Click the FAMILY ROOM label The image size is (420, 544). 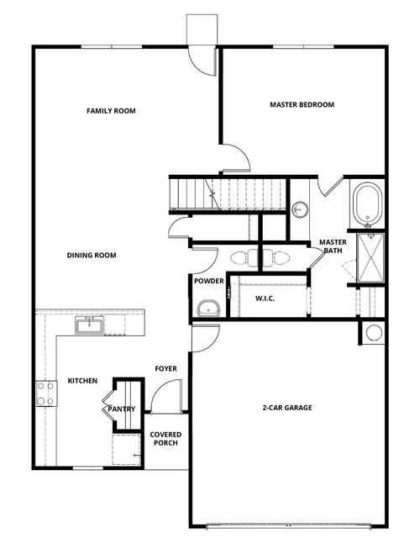click(111, 111)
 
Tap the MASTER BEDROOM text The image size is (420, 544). click(302, 105)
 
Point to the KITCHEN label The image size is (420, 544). click(82, 381)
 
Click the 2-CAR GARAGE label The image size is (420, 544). click(286, 408)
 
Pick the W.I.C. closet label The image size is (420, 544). click(265, 298)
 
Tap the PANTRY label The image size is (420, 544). click(122, 409)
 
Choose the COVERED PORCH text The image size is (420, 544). click(164, 439)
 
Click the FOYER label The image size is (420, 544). click(165, 368)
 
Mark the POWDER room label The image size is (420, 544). click(207, 281)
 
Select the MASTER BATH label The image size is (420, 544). click(330, 246)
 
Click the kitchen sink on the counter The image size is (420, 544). click(89, 323)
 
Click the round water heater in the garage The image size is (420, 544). click(374, 332)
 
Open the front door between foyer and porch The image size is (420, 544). click(166, 396)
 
